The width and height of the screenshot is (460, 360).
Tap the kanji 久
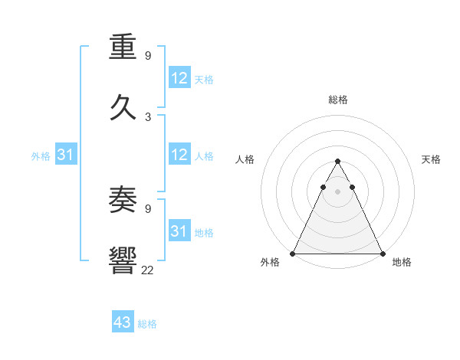coord(123,107)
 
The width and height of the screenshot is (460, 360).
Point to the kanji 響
coord(123,260)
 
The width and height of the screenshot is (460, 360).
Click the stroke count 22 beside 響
coord(147,269)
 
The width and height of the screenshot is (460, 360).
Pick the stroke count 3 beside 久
coord(148,116)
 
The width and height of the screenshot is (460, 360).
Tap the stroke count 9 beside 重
coord(148,56)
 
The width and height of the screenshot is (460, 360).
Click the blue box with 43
coord(123,322)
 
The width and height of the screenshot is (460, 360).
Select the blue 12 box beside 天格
coord(179,78)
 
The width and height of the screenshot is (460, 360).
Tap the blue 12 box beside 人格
coord(179,155)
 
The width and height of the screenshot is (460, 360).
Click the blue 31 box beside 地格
coord(179,231)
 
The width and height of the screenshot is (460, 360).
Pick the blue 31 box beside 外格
coord(66,155)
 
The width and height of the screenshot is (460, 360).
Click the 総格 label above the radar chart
coord(338,100)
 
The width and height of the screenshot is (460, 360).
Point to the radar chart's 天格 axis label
coord(432,159)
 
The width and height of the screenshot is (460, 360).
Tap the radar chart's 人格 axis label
coord(245,159)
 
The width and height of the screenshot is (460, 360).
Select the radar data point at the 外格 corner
coord(293,253)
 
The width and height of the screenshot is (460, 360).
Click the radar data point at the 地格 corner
coord(382,253)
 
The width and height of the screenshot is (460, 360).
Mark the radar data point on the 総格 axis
coord(337,162)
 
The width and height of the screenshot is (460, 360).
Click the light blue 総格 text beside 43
coord(147,324)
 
